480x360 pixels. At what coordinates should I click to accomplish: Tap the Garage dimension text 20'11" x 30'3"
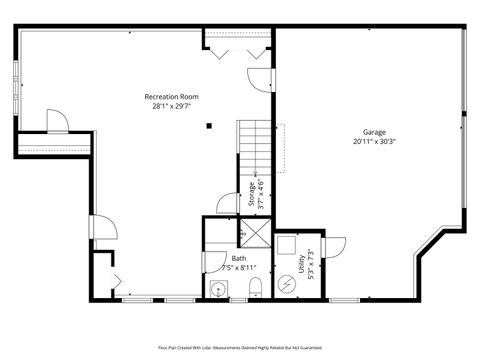(374, 141)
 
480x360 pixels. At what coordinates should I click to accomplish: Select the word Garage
(374, 132)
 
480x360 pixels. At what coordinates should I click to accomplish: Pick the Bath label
(238, 258)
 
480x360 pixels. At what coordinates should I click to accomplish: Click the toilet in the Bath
(255, 289)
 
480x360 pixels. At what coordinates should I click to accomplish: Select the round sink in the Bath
(218, 290)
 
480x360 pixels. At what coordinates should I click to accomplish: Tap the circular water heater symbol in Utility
(287, 283)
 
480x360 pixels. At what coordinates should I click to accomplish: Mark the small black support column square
(209, 126)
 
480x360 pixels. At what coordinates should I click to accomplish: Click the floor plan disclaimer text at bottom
(240, 348)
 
